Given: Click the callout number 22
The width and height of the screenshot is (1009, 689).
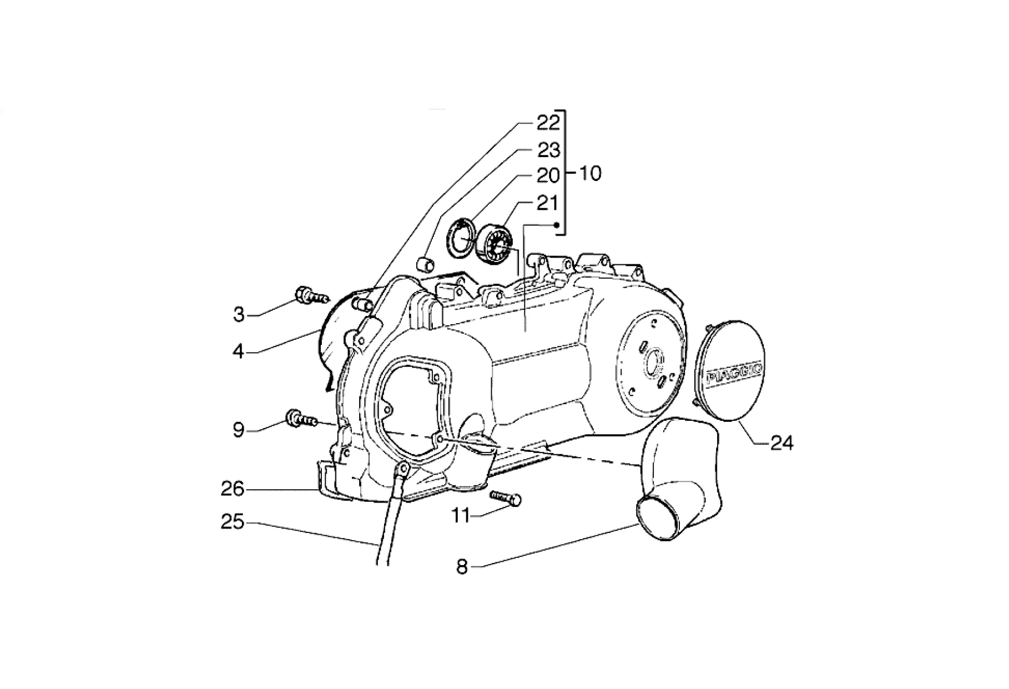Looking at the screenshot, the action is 548,123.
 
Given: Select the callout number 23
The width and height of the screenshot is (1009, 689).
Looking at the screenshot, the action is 548,150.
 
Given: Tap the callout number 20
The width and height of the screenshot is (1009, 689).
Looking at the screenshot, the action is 548,176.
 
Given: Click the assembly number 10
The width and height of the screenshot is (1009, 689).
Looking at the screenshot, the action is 590,173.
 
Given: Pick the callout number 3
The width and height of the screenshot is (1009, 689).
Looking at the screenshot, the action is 239,315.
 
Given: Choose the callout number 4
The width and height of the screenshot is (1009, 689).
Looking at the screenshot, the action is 239,351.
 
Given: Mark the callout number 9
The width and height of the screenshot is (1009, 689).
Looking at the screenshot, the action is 239,430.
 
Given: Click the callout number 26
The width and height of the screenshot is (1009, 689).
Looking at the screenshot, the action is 233,489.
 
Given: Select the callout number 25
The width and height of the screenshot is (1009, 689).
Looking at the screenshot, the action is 233,522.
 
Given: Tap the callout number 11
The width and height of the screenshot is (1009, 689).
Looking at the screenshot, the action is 460,516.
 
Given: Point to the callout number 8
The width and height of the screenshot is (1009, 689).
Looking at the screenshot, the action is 462,567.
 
